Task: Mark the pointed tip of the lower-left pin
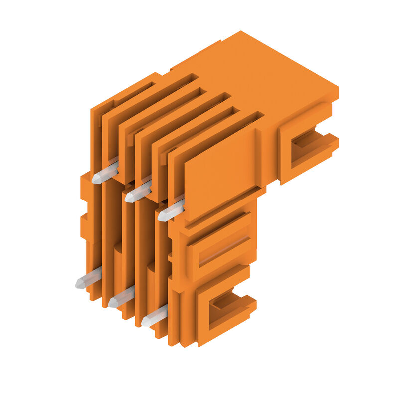click(78, 284)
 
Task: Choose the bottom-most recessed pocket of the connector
click(227, 307)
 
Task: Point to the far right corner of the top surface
click(337, 90)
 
